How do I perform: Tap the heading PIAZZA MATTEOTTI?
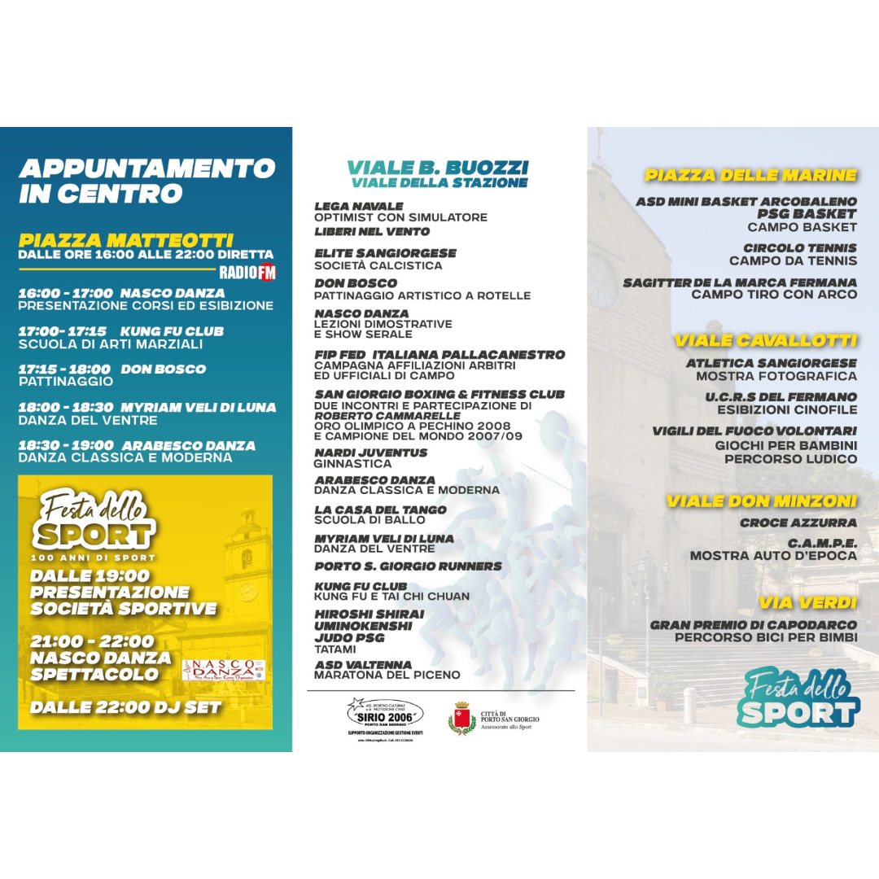pyautogui.click(x=125, y=241)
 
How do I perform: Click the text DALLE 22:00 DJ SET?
pyautogui.click(x=125, y=707)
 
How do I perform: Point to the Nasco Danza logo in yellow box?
pyautogui.click(x=224, y=670)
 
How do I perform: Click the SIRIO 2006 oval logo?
pyautogui.click(x=385, y=715)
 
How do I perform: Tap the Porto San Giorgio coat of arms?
pyautogui.click(x=462, y=719)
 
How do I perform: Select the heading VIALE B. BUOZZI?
pyautogui.click(x=438, y=168)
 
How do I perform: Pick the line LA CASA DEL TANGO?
pyautogui.click(x=380, y=509)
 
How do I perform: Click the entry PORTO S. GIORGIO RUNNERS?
pyautogui.click(x=408, y=566)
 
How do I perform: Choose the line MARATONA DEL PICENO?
pyautogui.click(x=387, y=675)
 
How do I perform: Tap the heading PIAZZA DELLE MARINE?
pyautogui.click(x=750, y=175)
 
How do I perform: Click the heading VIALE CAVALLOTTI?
pyautogui.click(x=765, y=340)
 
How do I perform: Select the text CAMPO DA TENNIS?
pyautogui.click(x=793, y=261)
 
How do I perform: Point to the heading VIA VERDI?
pyautogui.click(x=807, y=603)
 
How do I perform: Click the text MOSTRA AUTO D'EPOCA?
pyautogui.click(x=773, y=556)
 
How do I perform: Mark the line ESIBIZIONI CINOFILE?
pyautogui.click(x=786, y=409)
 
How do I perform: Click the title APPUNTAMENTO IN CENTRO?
pyautogui.click(x=146, y=181)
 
